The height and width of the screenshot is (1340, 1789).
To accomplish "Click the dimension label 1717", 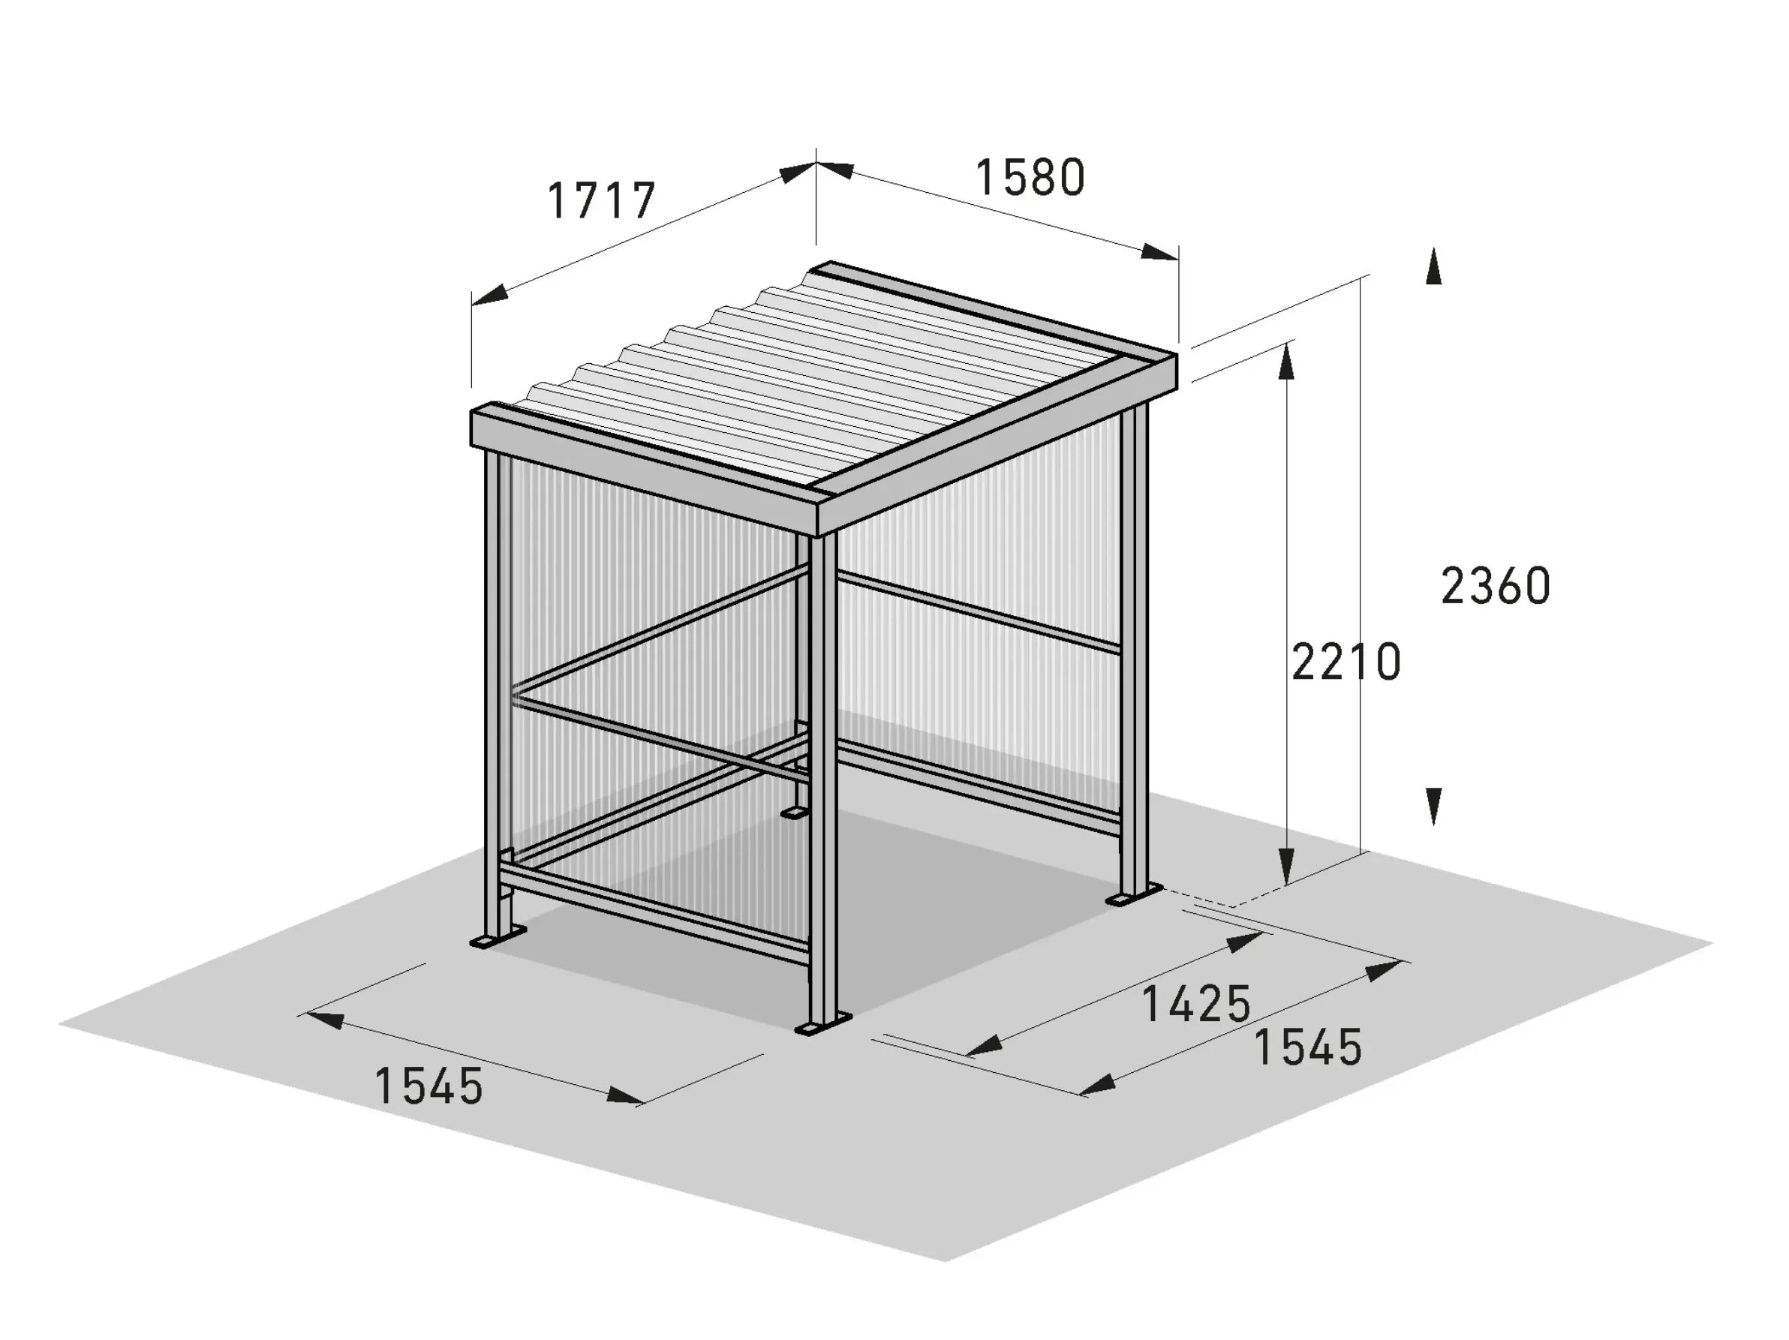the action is (601, 200).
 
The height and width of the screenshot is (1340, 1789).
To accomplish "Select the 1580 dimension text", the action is (1030, 178).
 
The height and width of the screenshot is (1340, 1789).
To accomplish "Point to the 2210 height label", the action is (1346, 662).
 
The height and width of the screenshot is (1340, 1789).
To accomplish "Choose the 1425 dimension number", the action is (1196, 1004).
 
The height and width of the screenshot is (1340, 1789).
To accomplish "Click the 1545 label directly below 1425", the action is (1308, 1047).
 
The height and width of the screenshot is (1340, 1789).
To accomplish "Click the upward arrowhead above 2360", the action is (1433, 267).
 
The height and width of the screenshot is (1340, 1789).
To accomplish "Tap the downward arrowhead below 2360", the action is (1433, 807).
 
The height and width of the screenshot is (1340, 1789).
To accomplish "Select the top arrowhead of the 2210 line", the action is (1287, 361).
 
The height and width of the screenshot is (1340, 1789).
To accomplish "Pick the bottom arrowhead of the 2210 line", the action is (1287, 867).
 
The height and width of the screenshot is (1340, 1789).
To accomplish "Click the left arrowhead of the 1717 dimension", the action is (489, 295).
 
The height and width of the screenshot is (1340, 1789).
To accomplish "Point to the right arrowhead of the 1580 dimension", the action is (1159, 252).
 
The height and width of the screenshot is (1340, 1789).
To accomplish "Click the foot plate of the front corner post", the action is (823, 1025).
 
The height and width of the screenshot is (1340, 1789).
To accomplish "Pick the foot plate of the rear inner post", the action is (794, 812).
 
